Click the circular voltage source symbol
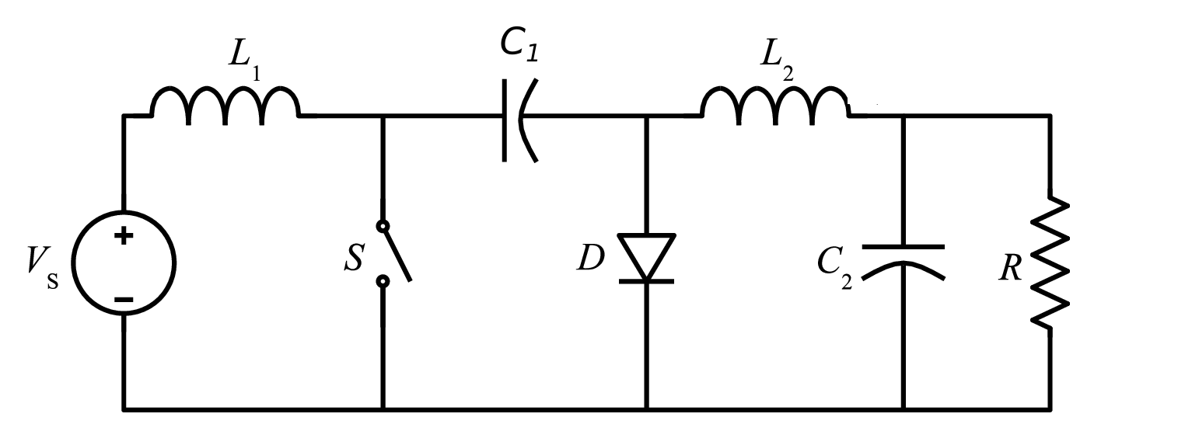point(123,264)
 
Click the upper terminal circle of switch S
point(383,227)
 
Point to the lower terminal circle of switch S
point(383,282)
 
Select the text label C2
point(835,266)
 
